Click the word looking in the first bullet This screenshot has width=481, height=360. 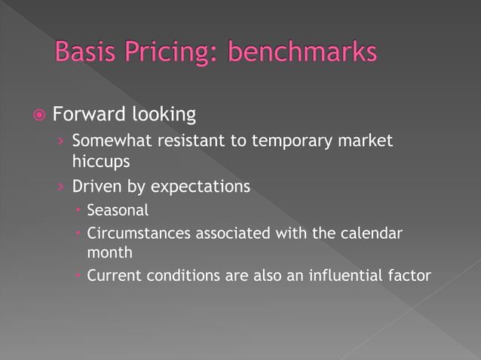click(164, 116)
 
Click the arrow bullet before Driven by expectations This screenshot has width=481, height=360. click(61, 187)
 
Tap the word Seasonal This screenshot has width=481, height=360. click(118, 210)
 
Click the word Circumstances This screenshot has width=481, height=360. click(139, 233)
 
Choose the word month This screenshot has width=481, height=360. click(110, 253)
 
